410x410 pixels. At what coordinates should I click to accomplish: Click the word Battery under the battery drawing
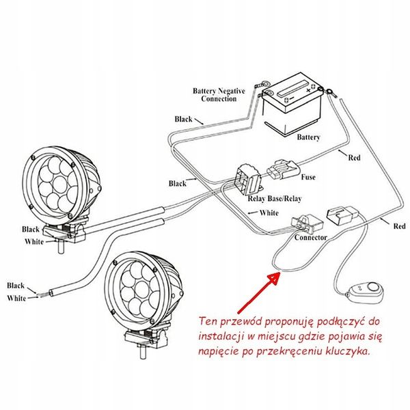pos(308,137)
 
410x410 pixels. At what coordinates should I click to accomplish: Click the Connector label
pos(310,237)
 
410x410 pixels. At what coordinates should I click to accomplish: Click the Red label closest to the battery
pos(354,158)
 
